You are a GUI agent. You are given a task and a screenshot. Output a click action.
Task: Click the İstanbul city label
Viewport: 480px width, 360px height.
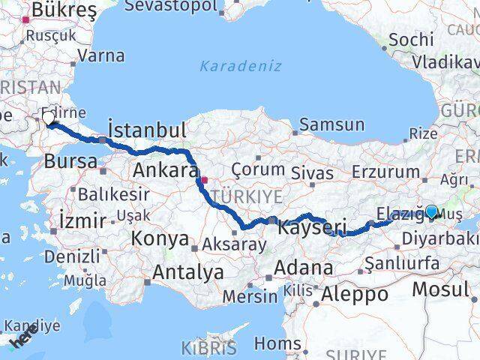coord(147,130)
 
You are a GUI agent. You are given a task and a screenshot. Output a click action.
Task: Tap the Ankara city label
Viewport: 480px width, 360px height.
coord(165,170)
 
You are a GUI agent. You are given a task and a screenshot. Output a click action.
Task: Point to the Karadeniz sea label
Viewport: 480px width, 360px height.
coord(240,66)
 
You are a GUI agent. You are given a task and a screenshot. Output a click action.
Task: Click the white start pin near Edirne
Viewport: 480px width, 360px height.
coord(49,118)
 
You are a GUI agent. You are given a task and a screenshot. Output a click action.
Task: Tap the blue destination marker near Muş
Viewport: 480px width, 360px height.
coord(432,212)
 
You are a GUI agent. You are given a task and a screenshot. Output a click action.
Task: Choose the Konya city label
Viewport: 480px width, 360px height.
coord(160,239)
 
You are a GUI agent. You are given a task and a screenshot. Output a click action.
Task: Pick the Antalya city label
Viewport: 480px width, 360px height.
coord(187,272)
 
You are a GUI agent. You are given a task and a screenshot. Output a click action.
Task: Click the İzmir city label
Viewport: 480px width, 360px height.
coord(82,220)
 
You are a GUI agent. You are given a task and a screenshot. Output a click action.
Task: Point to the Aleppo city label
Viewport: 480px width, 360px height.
coord(355,294)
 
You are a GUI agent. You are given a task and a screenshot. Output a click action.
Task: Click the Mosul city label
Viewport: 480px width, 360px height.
coord(451,289)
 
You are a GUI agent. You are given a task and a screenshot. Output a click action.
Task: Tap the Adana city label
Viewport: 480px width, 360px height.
coord(303,268)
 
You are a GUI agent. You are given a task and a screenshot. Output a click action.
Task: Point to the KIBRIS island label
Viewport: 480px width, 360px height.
coord(208,348)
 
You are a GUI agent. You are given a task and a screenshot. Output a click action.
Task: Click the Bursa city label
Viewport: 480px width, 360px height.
coord(70,160)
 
